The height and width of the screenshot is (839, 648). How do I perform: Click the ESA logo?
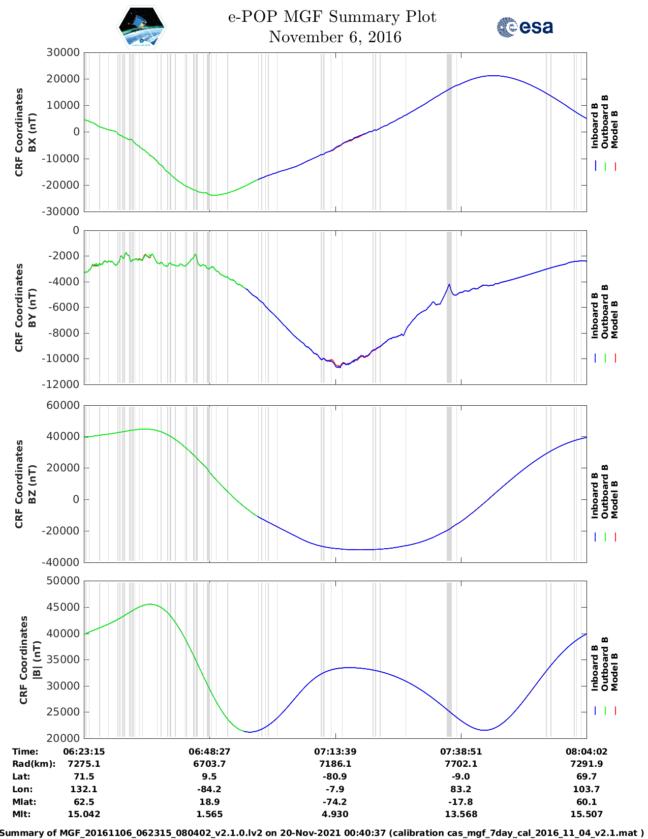(524, 27)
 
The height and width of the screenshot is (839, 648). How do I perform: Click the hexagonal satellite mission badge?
(142, 27)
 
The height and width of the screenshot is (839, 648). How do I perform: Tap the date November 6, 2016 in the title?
(335, 37)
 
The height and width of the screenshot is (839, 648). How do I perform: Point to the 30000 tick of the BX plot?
(63, 52)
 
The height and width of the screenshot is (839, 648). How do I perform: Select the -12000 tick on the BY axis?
(63, 384)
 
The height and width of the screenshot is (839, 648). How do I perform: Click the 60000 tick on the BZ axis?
(63, 405)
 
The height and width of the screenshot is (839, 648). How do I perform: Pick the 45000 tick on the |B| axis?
(63, 607)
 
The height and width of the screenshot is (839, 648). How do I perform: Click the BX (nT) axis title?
(32, 132)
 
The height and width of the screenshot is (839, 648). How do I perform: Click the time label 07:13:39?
(335, 752)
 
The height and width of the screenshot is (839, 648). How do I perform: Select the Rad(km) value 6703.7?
(209, 764)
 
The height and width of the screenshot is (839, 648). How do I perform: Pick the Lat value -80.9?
(335, 776)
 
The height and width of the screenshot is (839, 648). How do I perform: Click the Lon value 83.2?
(461, 789)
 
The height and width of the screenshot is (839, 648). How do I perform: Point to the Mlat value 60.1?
(587, 802)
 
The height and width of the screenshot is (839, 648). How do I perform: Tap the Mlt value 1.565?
(209, 814)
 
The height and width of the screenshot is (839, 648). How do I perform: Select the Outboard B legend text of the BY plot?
(605, 311)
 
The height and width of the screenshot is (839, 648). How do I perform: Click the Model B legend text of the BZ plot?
(614, 499)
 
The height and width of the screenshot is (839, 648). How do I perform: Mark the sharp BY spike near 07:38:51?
(449, 285)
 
